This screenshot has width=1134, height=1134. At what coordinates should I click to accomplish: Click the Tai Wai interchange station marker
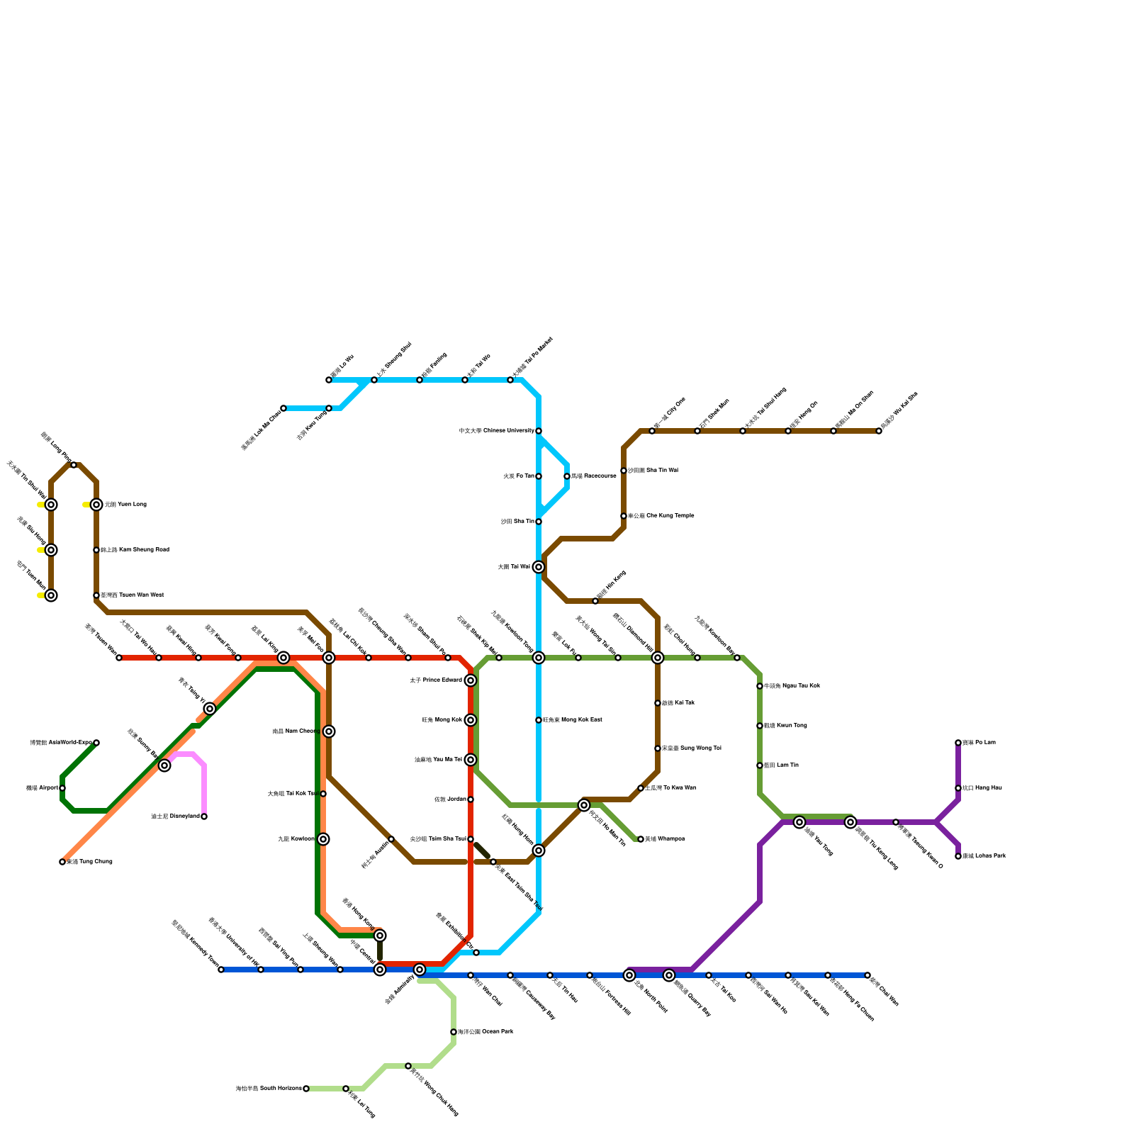(x=539, y=567)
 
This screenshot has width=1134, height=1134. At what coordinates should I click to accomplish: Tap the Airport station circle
(x=62, y=788)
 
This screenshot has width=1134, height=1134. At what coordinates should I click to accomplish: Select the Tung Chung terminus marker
(x=62, y=862)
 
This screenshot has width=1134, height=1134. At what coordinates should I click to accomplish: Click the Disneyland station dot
(x=204, y=816)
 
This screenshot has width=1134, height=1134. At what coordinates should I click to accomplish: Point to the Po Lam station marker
(x=958, y=743)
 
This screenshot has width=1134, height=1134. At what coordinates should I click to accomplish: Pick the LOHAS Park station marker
(x=958, y=856)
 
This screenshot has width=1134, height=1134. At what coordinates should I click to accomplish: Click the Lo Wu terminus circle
(x=329, y=380)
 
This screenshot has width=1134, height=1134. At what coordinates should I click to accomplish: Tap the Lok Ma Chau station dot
(x=283, y=408)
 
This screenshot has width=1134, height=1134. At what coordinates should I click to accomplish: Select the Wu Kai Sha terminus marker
(x=879, y=431)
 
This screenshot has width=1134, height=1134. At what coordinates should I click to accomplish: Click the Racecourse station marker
(x=567, y=476)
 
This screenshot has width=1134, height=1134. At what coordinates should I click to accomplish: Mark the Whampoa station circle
(x=641, y=839)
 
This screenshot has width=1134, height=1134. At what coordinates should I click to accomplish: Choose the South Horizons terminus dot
(x=306, y=1089)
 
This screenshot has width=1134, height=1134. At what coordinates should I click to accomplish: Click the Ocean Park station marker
(x=454, y=1032)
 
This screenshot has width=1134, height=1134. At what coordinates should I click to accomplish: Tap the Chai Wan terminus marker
(x=868, y=975)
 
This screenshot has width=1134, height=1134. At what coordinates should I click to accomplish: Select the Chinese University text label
(x=496, y=431)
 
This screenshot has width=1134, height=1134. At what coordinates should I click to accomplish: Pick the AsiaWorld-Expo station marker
(x=96, y=743)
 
